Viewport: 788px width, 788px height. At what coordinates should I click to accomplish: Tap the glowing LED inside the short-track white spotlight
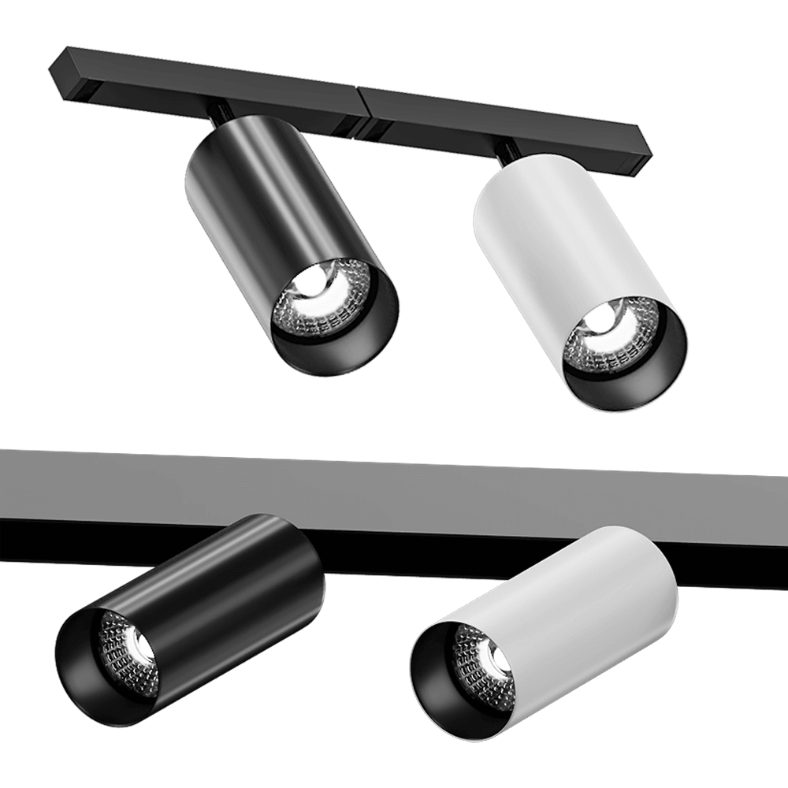click(x=603, y=318)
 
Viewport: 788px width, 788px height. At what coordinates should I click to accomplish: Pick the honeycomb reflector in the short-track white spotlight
click(x=623, y=347)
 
